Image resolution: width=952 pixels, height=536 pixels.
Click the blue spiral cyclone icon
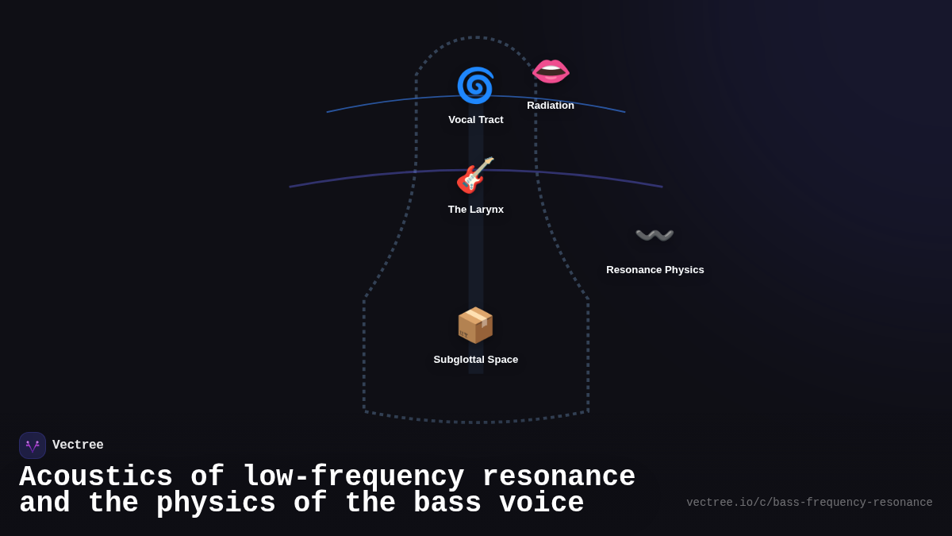(475, 86)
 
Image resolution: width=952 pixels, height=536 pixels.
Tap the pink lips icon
(551, 71)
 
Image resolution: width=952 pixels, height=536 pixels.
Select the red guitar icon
(475, 175)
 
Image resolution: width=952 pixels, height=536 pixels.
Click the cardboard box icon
(475, 326)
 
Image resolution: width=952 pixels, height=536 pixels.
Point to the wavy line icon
(654, 236)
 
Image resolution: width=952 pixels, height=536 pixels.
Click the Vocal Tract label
(476, 120)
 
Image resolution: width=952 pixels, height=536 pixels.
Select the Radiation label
(551, 106)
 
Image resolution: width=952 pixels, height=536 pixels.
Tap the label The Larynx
(476, 210)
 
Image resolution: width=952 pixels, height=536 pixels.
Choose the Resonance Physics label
(655, 270)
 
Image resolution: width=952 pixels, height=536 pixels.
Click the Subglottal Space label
(476, 360)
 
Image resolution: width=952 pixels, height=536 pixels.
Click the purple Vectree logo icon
(33, 445)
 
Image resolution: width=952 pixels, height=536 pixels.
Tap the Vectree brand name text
(78, 445)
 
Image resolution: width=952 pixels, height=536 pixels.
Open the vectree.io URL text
(809, 503)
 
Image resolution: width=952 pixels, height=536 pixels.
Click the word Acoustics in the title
(96, 477)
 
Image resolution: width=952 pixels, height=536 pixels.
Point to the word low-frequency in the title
(353, 477)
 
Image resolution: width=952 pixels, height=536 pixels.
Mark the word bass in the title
(447, 503)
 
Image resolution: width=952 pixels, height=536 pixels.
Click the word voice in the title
(542, 503)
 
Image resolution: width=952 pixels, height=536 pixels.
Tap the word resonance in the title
(559, 477)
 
